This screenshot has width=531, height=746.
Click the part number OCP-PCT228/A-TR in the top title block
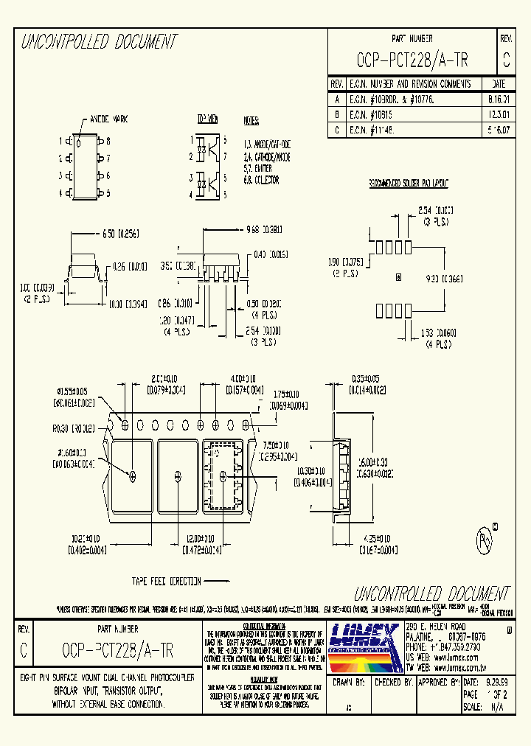[412, 60]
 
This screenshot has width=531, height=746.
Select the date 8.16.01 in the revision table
[499, 98]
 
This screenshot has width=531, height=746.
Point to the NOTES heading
[251, 119]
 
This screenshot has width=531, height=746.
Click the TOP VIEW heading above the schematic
[207, 119]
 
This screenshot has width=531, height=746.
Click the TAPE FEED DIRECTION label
[166, 581]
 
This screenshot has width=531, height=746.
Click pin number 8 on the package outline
[108, 140]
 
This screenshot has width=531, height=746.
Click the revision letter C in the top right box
[505, 60]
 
